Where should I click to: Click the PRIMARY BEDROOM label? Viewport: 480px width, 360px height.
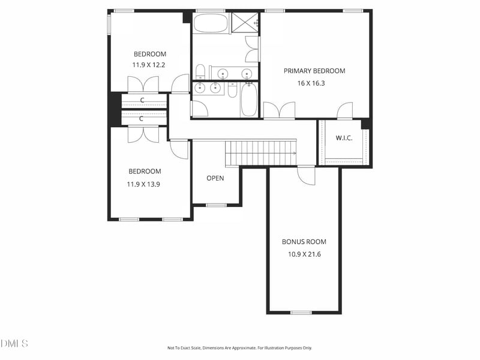point(314,71)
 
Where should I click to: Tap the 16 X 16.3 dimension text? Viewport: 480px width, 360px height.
point(311,83)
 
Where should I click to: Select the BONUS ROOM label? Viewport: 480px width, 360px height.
point(304,242)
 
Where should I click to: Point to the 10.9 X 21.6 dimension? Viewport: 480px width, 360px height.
point(304,254)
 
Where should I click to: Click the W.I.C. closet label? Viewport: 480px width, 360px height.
point(344,138)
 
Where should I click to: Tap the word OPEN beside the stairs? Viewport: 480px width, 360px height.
point(215,178)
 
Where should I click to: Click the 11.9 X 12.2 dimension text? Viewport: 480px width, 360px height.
point(149,65)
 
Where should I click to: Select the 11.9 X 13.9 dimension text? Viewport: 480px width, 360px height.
point(143,184)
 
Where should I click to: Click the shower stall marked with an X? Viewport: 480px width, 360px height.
point(245,22)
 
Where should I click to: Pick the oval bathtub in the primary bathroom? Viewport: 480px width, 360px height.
point(211,23)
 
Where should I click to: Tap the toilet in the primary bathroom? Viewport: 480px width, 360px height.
point(200,71)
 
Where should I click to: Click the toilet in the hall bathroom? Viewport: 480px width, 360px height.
point(232,90)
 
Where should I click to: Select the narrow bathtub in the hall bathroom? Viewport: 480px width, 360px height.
point(248,100)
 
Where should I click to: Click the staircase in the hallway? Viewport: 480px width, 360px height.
point(261,153)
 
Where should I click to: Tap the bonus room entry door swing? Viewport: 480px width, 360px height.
point(307,176)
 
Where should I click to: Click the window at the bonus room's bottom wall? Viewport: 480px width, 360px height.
point(301,313)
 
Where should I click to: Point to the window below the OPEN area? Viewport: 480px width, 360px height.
point(216,205)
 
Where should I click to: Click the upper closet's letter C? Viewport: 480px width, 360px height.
point(142,100)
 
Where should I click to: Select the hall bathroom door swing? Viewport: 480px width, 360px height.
point(200,109)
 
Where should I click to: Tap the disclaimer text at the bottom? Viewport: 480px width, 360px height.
point(239,348)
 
